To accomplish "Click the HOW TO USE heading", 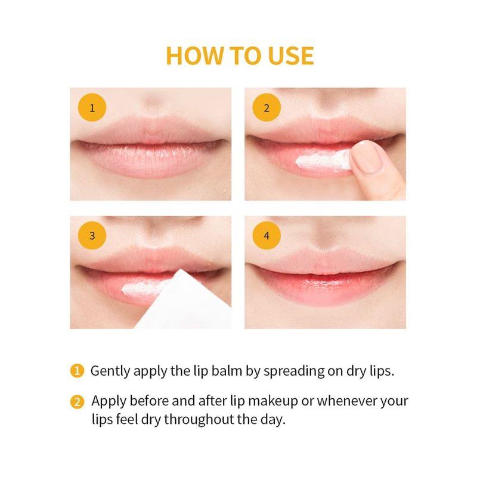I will click(x=239, y=55).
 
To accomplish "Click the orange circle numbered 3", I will click(x=92, y=235).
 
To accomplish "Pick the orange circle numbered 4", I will click(x=267, y=235).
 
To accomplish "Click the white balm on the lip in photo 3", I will click(x=143, y=289).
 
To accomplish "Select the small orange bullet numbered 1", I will click(x=76, y=371).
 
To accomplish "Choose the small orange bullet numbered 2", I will click(x=76, y=401).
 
